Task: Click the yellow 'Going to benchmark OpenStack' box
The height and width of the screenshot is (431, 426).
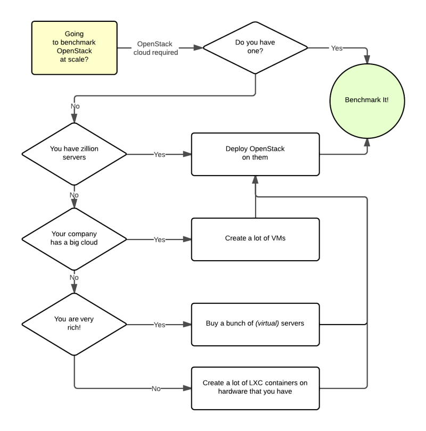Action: pyautogui.click(x=75, y=48)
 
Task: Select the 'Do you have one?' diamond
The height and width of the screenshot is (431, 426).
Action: pyautogui.click(x=256, y=48)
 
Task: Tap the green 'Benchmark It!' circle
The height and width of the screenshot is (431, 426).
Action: pyautogui.click(x=367, y=100)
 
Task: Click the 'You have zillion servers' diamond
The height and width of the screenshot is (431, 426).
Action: pyautogui.click(x=75, y=153)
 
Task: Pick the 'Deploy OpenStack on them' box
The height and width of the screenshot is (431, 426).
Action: pyautogui.click(x=255, y=154)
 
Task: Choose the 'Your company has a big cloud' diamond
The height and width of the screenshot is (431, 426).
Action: pyautogui.click(x=75, y=238)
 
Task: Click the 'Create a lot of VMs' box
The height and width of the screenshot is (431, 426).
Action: pyautogui.click(x=255, y=239)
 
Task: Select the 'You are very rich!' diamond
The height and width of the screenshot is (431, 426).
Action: pyautogui.click(x=75, y=324)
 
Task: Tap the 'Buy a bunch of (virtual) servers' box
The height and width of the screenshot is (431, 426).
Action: pyautogui.click(x=255, y=324)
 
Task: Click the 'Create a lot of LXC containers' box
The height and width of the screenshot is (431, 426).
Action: pyautogui.click(x=255, y=388)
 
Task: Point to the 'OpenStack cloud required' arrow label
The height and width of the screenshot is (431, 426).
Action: pyautogui.click(x=155, y=48)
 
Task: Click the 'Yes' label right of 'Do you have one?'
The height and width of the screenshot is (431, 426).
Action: pyautogui.click(x=337, y=48)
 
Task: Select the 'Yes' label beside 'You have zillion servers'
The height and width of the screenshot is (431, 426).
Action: pyautogui.click(x=160, y=155)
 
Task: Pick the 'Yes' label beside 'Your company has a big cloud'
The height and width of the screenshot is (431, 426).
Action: pyautogui.click(x=160, y=240)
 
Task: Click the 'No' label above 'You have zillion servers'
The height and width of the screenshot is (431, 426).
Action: pyautogui.click(x=75, y=106)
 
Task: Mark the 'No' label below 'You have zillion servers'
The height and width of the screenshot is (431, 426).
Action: pyautogui.click(x=75, y=195)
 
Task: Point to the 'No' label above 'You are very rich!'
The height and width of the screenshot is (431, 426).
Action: pyautogui.click(x=75, y=278)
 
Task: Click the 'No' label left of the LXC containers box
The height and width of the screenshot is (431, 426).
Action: pyautogui.click(x=156, y=389)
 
